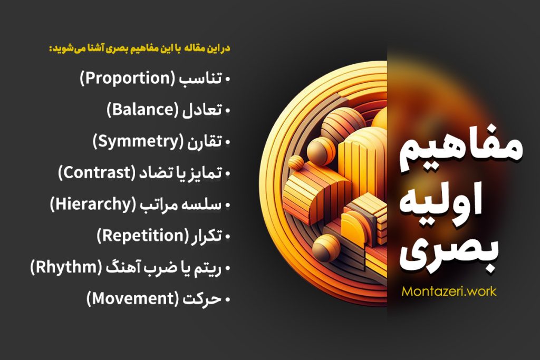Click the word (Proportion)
(x=126, y=80)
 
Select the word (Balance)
(x=143, y=110)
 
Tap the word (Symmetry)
(x=136, y=141)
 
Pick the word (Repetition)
(x=142, y=236)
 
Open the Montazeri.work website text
(x=449, y=291)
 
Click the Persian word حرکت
(x=204, y=299)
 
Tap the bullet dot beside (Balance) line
(x=228, y=111)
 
